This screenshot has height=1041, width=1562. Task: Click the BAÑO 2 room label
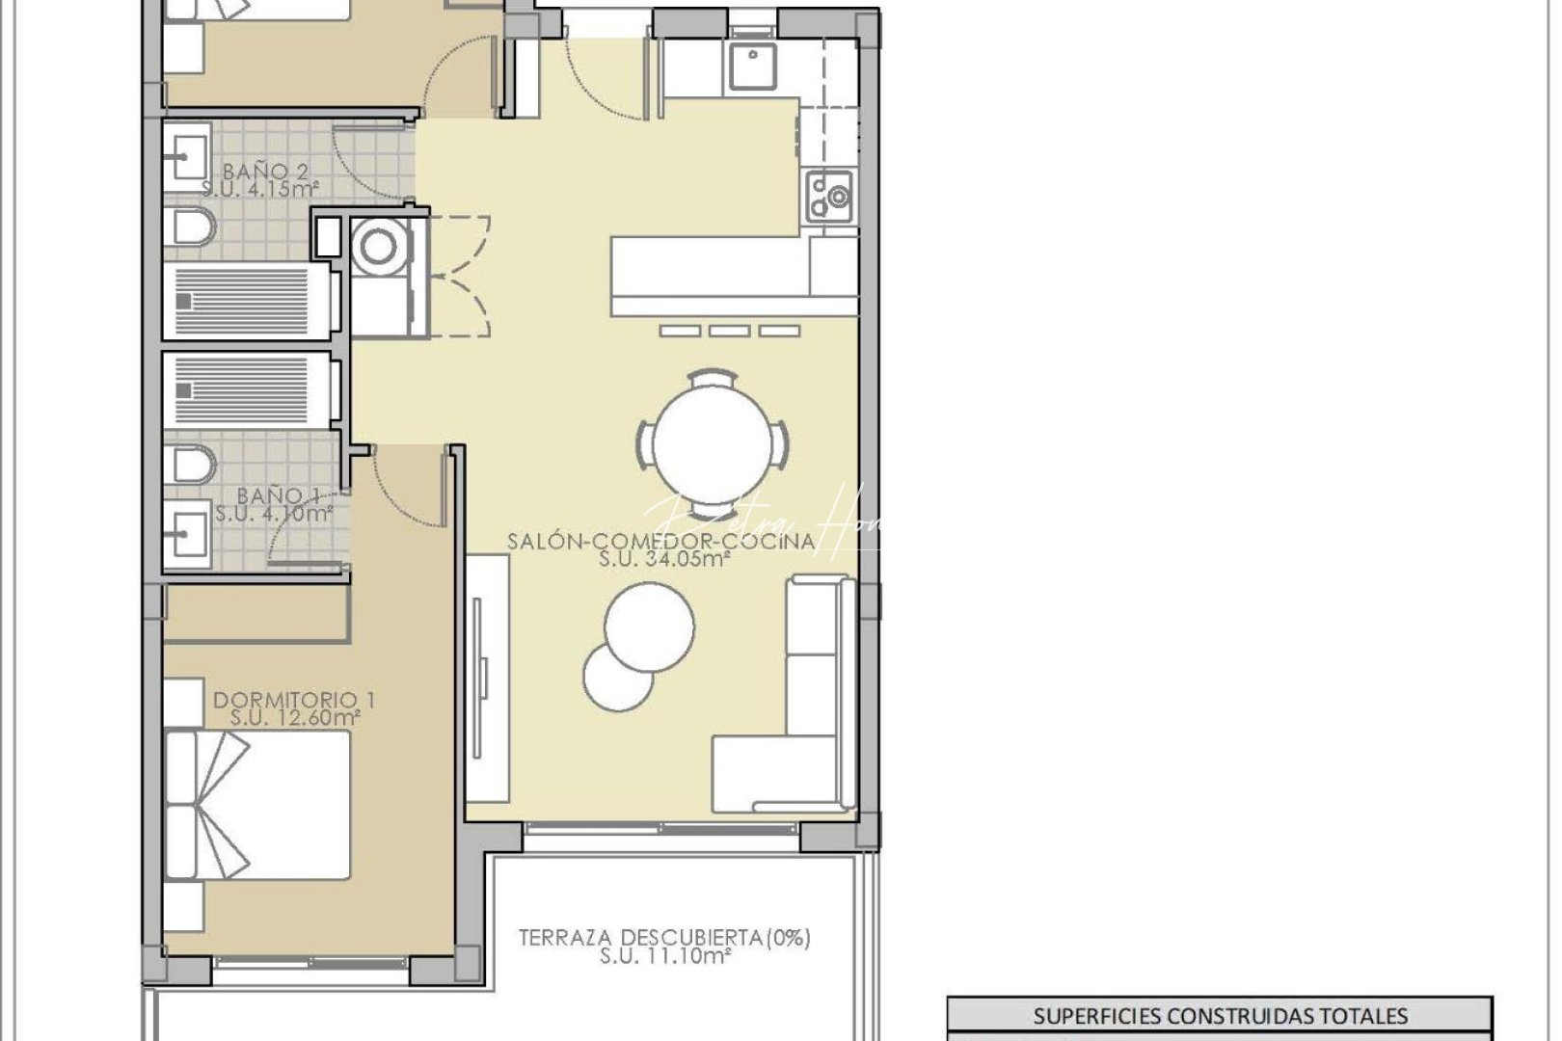265,172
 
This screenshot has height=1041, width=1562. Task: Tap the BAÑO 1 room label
278,495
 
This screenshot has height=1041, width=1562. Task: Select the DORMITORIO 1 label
294,700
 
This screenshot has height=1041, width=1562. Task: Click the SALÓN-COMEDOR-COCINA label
661,541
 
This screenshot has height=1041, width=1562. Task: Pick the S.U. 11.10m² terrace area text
664,955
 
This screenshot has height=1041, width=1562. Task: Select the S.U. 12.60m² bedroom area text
295,717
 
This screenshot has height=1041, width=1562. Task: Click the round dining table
713,444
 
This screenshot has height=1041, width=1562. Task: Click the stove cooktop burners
829,193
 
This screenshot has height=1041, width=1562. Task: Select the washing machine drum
378,248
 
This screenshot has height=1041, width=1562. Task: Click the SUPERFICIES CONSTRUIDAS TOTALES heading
1220,1016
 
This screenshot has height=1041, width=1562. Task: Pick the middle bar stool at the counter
730,331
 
